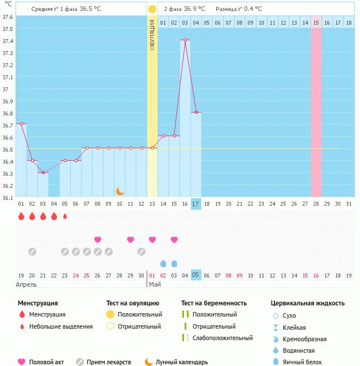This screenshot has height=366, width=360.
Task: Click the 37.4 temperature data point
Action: pyautogui.click(x=185, y=40)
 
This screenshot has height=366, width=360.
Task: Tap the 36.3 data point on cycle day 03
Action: pyautogui.click(x=43, y=172)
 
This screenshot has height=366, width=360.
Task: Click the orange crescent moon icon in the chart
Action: pyautogui.click(x=120, y=191)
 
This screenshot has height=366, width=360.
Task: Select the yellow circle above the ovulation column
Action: pyautogui.click(x=152, y=9)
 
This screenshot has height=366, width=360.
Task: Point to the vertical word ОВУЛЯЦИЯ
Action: pyautogui.click(x=152, y=34)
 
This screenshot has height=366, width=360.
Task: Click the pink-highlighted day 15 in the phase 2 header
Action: pyautogui.click(x=316, y=23)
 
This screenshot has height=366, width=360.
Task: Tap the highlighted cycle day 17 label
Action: pyautogui.click(x=196, y=203)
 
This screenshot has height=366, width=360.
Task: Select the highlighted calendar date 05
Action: pyautogui.click(x=196, y=275)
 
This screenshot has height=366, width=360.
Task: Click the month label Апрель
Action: pyautogui.click(x=27, y=284)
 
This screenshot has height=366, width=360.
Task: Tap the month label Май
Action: pyautogui.click(x=154, y=284)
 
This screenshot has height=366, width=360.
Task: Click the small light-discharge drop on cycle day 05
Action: pyautogui.click(x=65, y=217)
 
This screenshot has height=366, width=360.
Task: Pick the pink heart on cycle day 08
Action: pyautogui.click(x=98, y=240)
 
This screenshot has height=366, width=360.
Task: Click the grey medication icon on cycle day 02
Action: pyautogui.click(x=32, y=252)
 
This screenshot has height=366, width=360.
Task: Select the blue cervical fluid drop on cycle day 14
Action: pyautogui.click(x=163, y=264)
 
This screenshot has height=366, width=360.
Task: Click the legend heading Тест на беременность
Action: pyautogui.click(x=214, y=303)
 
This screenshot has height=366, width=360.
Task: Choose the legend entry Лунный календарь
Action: pyautogui.click(x=182, y=362)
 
